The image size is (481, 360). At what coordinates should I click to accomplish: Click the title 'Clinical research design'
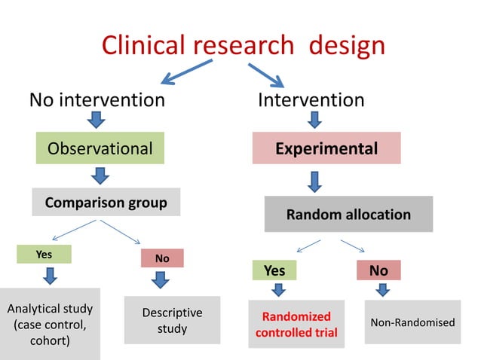point(243,45)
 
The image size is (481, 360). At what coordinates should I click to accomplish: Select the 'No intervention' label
point(97,99)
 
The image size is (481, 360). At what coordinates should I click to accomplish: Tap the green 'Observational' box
point(100,148)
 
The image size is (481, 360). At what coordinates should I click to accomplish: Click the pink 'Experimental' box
point(326,148)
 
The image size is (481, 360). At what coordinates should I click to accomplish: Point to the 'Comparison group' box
point(106,203)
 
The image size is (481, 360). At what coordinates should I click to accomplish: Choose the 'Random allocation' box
point(348,215)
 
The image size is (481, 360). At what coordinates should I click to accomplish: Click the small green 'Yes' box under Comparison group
point(44,255)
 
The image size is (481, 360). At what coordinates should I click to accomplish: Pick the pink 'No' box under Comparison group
point(162,258)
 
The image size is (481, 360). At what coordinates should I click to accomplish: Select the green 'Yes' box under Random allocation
point(274,270)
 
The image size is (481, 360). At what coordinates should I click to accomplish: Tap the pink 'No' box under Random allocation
point(378,270)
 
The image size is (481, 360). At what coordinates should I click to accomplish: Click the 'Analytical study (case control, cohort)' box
point(50,323)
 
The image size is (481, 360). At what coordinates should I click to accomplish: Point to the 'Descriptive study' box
point(172,321)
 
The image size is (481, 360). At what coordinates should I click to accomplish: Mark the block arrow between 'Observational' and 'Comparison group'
point(100,176)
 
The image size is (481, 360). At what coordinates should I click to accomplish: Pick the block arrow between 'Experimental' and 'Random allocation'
point(314,181)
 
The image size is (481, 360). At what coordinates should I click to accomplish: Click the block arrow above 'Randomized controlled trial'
point(278,290)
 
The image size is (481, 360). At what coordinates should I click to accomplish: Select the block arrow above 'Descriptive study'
point(161,281)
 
